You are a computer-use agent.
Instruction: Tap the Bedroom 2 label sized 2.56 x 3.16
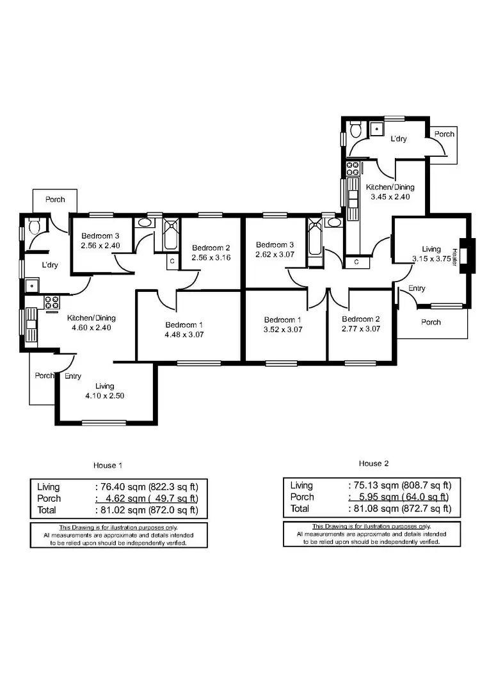pos(211,248)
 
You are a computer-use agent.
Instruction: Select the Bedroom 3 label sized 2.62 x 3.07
pos(275,244)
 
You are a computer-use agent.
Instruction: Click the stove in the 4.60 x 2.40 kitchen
pos(52,303)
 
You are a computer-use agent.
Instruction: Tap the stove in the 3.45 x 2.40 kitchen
pos(352,169)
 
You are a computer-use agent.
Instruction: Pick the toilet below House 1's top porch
pos(35,226)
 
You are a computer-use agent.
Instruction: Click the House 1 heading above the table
pos(106,465)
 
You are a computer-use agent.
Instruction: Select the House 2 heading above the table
pos(374,463)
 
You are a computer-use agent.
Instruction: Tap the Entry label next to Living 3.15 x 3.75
pos(417,289)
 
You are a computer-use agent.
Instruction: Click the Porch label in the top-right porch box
pos(444,134)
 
